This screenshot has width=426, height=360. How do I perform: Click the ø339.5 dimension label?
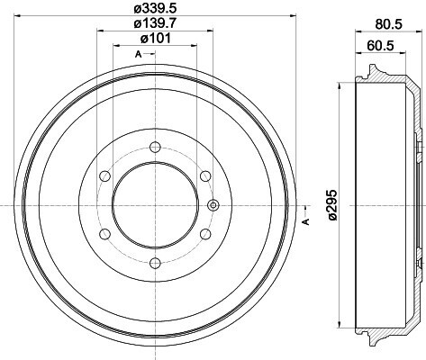(155, 8)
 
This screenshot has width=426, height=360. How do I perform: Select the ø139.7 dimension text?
(155, 23)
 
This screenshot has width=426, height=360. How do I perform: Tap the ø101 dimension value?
(156, 38)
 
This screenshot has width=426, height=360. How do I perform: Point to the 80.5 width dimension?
(388, 24)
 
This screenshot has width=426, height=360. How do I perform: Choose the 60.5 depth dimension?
(380, 46)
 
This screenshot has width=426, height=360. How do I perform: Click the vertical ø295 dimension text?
(333, 205)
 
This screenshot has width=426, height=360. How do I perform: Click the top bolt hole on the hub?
(155, 147)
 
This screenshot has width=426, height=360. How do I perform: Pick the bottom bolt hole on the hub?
(155, 264)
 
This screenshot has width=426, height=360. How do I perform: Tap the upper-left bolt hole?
(104, 176)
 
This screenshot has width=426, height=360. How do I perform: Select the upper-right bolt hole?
(205, 176)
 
